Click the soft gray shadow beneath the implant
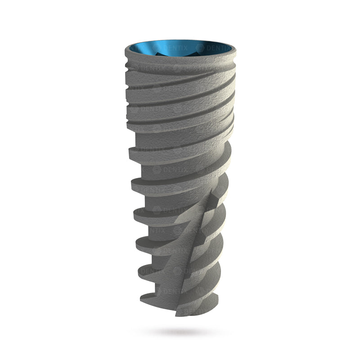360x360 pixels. (x=180, y=332)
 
